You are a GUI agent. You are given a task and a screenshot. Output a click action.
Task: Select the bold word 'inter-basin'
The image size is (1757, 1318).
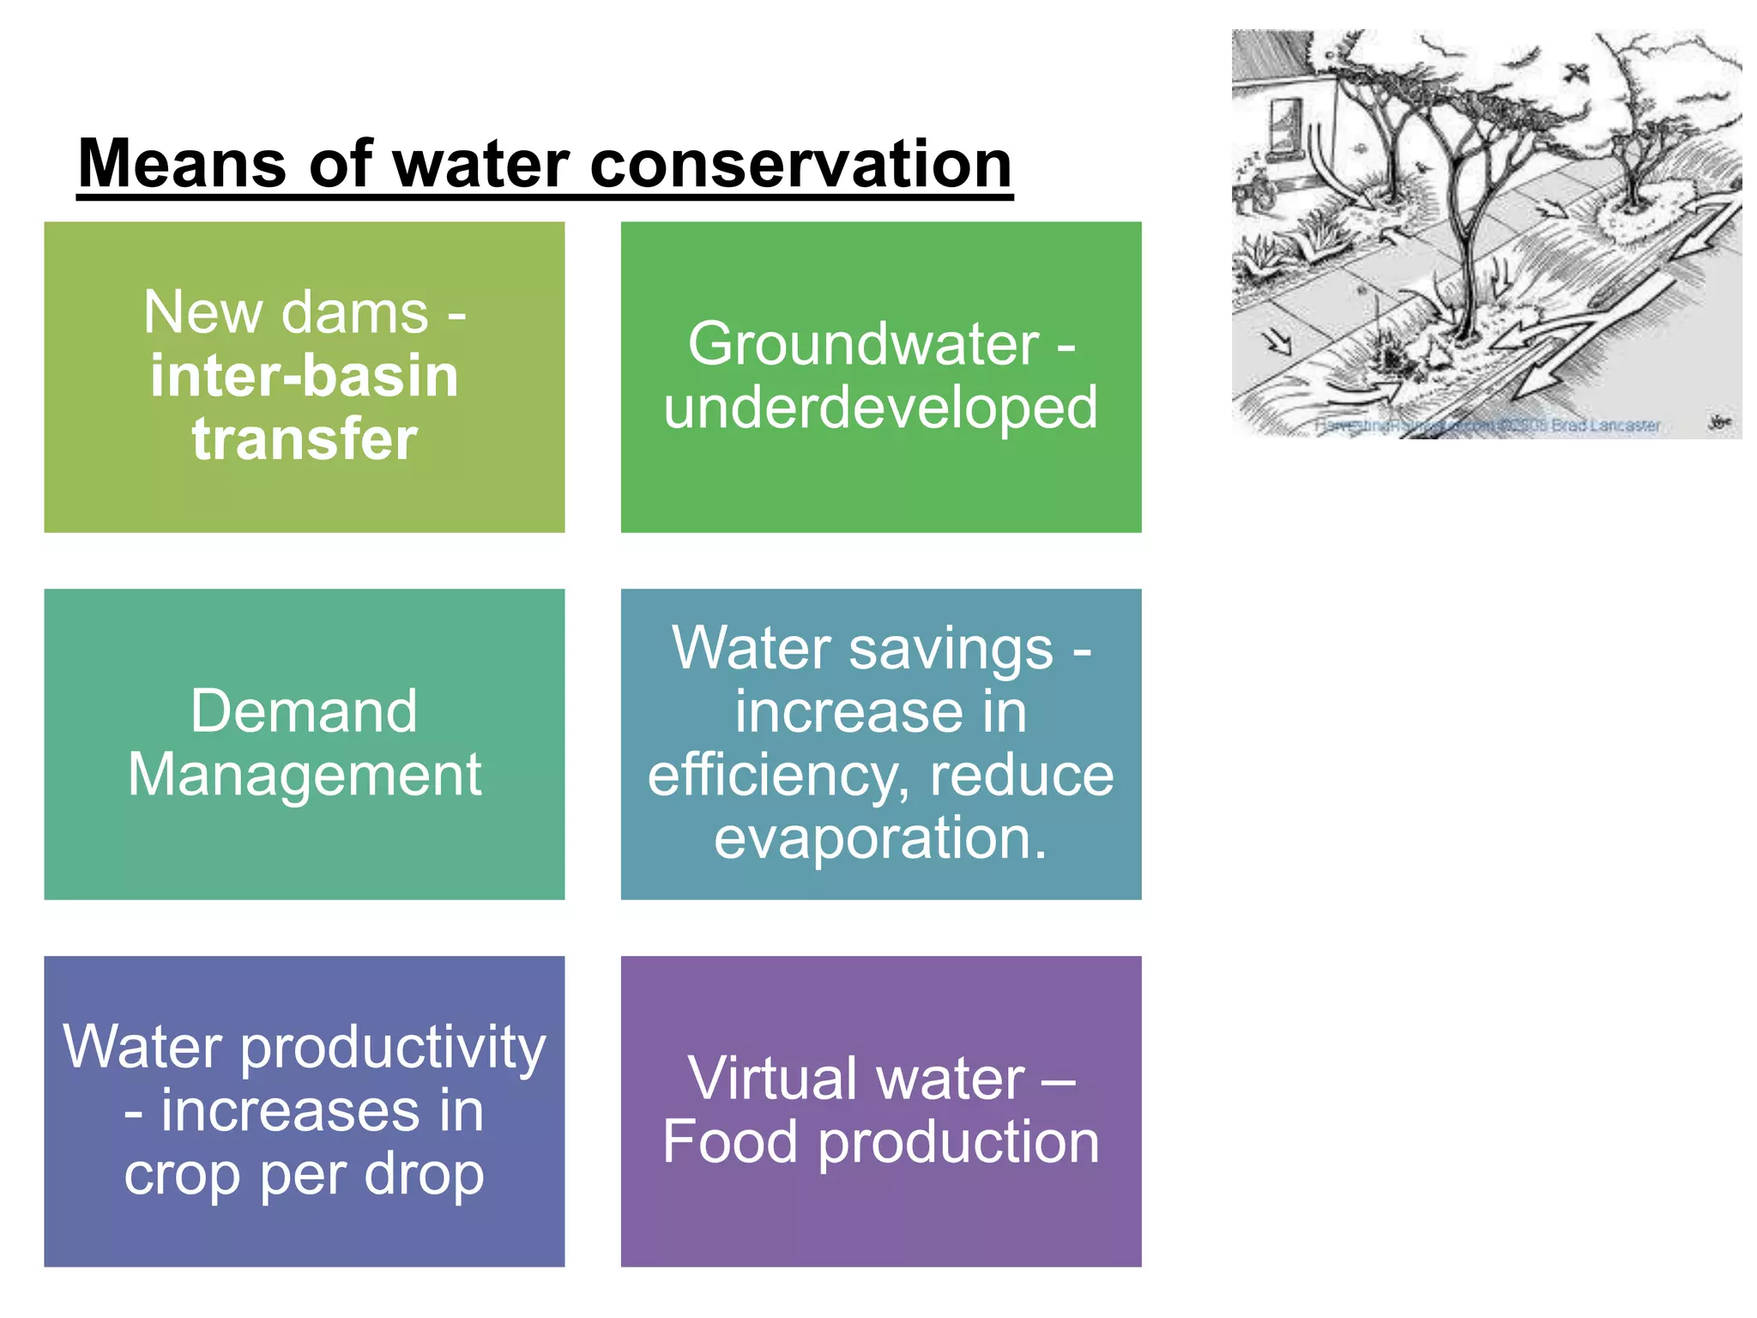coord(305,376)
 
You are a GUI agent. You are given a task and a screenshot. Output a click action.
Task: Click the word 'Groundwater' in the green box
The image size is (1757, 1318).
coord(863,344)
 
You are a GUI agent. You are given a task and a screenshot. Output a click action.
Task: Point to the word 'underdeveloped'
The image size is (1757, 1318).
coord(880,408)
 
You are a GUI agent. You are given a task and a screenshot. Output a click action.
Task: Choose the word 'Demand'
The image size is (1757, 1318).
coord(304,711)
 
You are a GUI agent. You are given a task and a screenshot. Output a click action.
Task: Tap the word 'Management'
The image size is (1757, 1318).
coord(304,774)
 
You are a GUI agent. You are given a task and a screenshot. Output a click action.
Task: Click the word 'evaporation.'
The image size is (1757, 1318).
coord(880,838)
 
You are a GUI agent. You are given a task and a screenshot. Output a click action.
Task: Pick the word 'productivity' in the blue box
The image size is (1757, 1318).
coord(393,1049)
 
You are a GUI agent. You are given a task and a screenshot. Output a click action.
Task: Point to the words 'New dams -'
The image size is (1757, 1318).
coord(305,312)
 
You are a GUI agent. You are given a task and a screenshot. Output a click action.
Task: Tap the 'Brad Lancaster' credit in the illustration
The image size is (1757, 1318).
coord(1604,426)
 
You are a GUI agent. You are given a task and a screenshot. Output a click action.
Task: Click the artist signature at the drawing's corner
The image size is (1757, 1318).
coord(1719,422)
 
